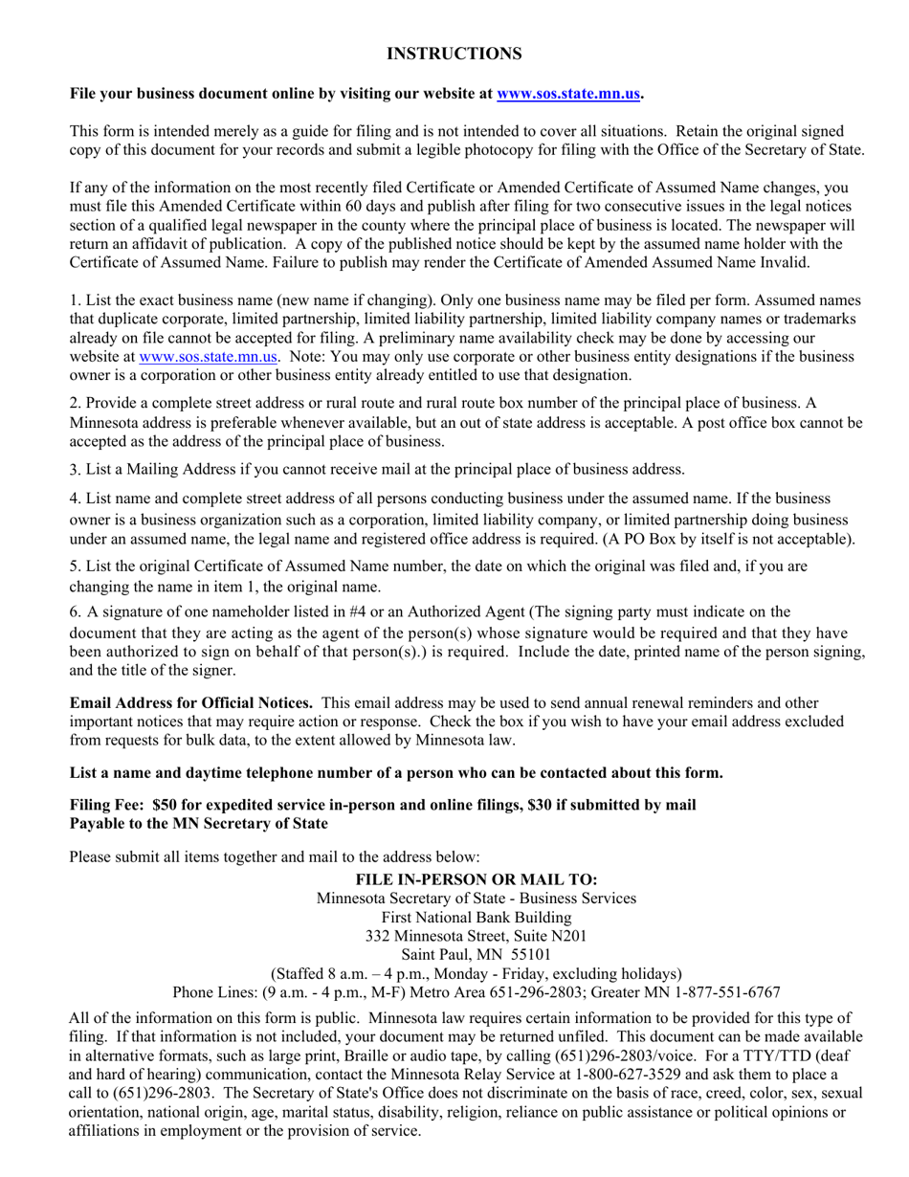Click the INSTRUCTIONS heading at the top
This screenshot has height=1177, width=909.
454,54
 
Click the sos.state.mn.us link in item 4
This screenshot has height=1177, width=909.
209,356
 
